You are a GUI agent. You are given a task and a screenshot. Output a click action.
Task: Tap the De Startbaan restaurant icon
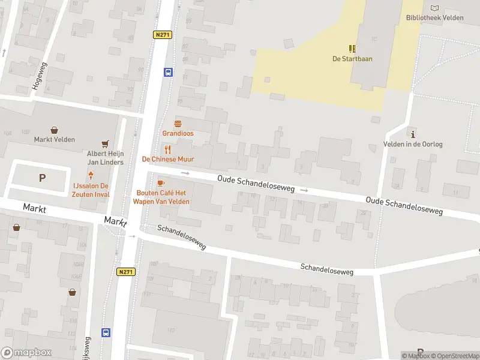tap(352, 49)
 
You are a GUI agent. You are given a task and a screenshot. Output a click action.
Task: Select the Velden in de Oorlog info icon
tap(412, 133)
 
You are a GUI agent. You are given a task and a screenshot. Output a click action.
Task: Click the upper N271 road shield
tap(163, 35)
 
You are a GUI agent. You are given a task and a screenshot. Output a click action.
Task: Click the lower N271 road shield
tap(126, 272)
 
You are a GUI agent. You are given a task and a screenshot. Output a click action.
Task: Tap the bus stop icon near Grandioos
tap(168, 73)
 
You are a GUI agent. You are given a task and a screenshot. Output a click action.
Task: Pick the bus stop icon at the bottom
tap(106, 332)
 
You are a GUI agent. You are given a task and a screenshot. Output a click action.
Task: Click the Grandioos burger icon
tap(178, 122)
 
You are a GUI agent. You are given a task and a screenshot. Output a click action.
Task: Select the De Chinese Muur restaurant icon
tap(168, 149)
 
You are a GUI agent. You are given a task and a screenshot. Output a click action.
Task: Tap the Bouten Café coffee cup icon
tap(160, 183)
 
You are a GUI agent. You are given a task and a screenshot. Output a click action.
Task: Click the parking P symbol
tap(42, 178)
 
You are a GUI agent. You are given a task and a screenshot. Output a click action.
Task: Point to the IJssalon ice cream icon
tap(91, 176)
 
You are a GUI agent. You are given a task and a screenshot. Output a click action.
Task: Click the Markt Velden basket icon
tap(55, 130)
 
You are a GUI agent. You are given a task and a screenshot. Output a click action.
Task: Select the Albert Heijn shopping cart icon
tap(106, 144)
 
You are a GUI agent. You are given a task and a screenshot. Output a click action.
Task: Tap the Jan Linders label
tap(106, 162)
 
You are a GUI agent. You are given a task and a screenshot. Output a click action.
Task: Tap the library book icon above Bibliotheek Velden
tap(435, 8)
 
